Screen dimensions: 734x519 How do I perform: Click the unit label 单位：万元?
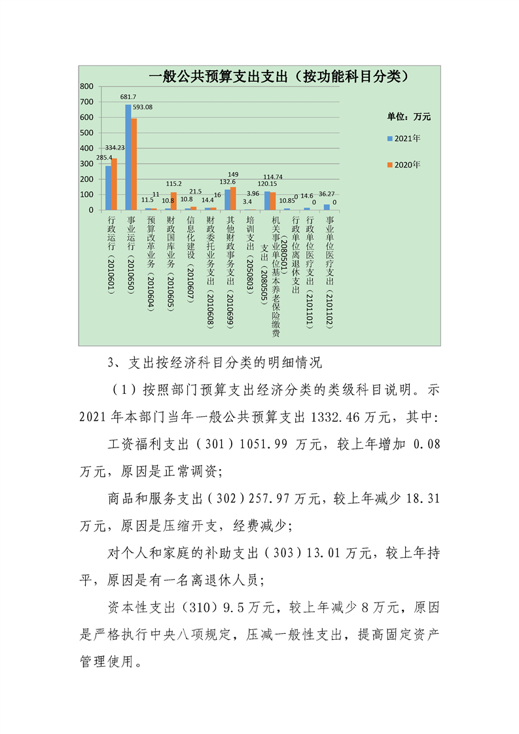point(409,116)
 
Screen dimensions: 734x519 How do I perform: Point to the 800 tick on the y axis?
point(86,86)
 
